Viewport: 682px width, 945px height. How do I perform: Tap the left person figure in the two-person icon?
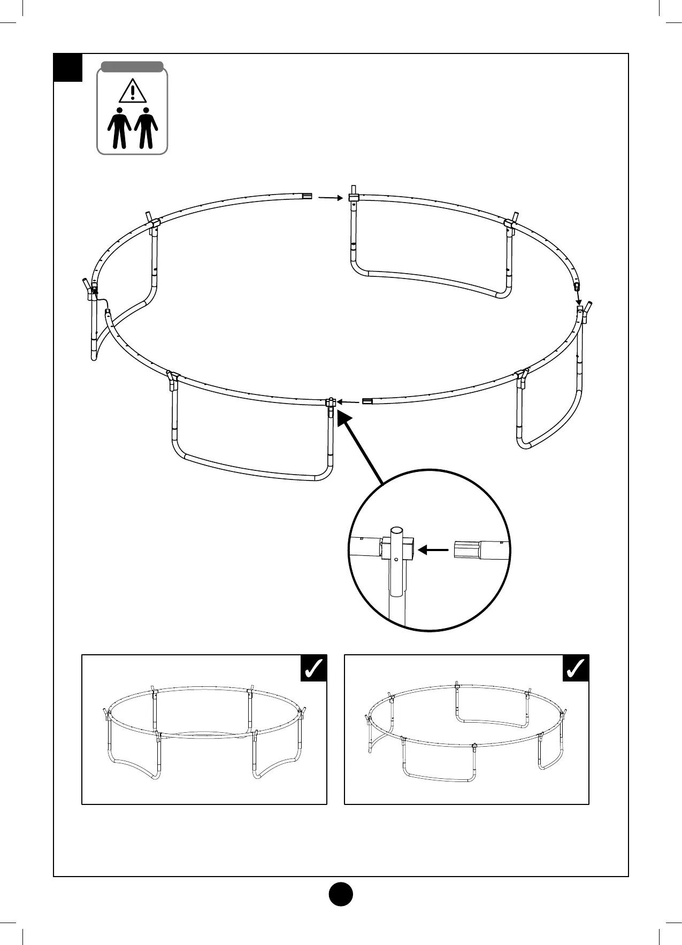coord(119,128)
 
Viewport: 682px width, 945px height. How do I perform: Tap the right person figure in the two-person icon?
coord(145,128)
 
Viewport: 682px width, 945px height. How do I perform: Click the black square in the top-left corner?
coord(68,67)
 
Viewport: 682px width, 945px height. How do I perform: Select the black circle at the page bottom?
coord(341,893)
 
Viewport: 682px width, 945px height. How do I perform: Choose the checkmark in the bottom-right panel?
coord(576,668)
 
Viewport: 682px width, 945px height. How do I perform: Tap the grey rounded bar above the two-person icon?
coord(132,67)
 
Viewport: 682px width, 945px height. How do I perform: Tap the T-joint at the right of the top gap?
coord(354,197)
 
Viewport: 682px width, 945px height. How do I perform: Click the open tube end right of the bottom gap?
coord(367,401)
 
